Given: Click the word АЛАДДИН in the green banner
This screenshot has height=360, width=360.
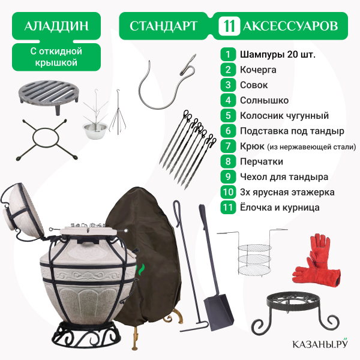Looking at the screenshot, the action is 56,26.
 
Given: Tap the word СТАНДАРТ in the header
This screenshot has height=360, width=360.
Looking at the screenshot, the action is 163,26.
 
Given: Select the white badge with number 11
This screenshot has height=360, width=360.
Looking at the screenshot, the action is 229,26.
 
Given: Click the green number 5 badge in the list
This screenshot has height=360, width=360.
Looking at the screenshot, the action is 228,115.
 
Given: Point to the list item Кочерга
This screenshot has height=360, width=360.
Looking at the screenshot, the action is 258,70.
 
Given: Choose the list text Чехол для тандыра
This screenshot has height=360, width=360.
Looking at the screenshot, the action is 284,177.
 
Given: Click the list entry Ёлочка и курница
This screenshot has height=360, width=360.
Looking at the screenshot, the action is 280,208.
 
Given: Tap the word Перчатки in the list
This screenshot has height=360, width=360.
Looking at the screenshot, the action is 262,161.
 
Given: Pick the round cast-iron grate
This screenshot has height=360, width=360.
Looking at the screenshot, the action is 48,96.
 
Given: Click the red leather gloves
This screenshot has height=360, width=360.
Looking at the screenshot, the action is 317,261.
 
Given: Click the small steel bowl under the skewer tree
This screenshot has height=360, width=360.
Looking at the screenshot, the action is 95,130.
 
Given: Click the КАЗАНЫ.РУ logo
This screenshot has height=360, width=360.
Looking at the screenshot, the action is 320,343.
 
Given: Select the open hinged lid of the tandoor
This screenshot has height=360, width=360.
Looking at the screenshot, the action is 23,211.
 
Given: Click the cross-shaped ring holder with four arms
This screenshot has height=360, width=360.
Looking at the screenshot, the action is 47,139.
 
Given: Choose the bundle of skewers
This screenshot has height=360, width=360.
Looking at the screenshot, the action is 188,149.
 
